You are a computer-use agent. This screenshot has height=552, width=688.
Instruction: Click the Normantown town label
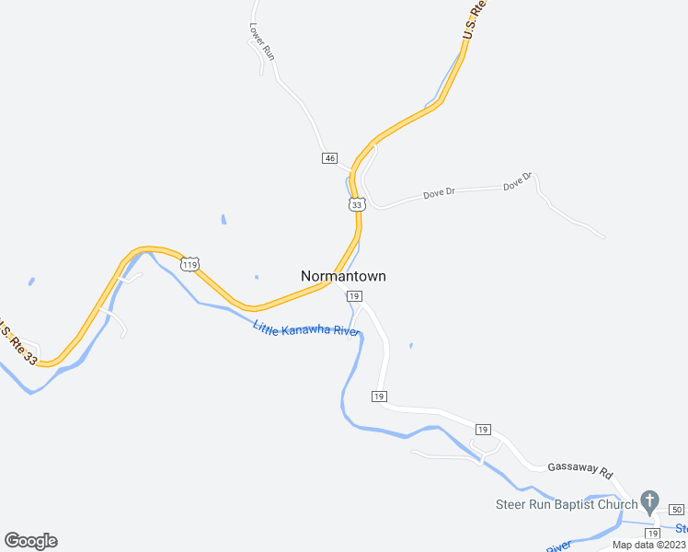pos(343,276)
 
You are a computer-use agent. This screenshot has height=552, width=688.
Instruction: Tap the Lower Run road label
pos(262,41)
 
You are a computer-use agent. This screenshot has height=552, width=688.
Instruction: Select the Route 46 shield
pos(329,158)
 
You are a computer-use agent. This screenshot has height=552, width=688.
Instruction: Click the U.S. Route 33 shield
pos(357,204)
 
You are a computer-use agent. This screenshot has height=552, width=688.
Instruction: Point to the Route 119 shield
pos(189,265)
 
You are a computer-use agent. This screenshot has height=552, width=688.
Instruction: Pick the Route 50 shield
pos(677,509)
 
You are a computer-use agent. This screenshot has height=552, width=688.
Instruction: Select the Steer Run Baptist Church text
pos(566,504)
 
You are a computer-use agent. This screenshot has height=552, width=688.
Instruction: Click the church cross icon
pos(650,502)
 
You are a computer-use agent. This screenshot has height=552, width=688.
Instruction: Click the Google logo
pos(30,541)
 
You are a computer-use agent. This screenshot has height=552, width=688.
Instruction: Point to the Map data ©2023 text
pos(648,545)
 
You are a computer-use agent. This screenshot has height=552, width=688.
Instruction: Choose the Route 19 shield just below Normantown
pos(354,296)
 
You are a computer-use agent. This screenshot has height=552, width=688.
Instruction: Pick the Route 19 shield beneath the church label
pos(653,534)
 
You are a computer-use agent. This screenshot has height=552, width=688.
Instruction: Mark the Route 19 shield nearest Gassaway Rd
pos(483,430)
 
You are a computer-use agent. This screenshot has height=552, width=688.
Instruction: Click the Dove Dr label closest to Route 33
pos(439,194)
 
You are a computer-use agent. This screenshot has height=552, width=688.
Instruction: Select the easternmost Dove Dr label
pos(518,182)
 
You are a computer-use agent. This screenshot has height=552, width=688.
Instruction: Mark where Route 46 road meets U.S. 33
pos(351,171)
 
